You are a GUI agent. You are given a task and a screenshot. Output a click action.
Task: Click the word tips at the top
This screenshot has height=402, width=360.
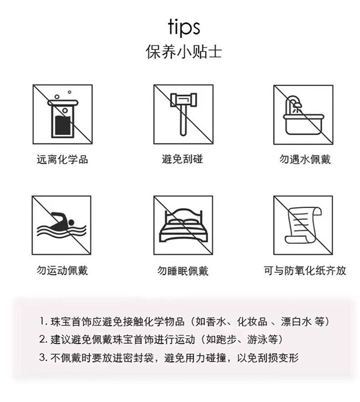184,27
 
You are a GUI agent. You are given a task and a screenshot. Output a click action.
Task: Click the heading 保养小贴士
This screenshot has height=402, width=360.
184,52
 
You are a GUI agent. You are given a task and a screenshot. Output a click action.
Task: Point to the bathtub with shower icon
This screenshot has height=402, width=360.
303,115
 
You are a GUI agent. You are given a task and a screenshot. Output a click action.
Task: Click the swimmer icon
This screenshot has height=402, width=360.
62,225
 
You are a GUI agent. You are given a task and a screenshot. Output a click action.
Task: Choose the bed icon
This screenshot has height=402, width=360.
183,225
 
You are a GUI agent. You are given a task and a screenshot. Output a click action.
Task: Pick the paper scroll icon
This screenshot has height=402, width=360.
303,225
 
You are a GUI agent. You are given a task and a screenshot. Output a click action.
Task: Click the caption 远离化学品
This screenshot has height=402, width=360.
62,159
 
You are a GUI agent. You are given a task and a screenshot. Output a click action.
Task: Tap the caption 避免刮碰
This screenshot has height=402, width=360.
182,159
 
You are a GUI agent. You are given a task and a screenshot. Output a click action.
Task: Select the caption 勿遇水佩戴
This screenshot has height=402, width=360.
305,159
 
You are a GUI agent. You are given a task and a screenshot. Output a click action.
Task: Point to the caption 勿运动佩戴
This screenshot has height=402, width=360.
62,270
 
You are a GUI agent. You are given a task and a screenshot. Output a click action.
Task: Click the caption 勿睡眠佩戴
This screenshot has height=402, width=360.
182,271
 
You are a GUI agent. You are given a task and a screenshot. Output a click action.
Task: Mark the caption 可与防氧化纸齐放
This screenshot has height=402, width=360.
305,270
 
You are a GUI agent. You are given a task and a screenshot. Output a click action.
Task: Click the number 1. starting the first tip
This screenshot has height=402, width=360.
43,321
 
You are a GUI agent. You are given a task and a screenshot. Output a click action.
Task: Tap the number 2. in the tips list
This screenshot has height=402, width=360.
43,340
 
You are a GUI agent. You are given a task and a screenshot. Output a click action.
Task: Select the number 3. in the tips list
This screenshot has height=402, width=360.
43,357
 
